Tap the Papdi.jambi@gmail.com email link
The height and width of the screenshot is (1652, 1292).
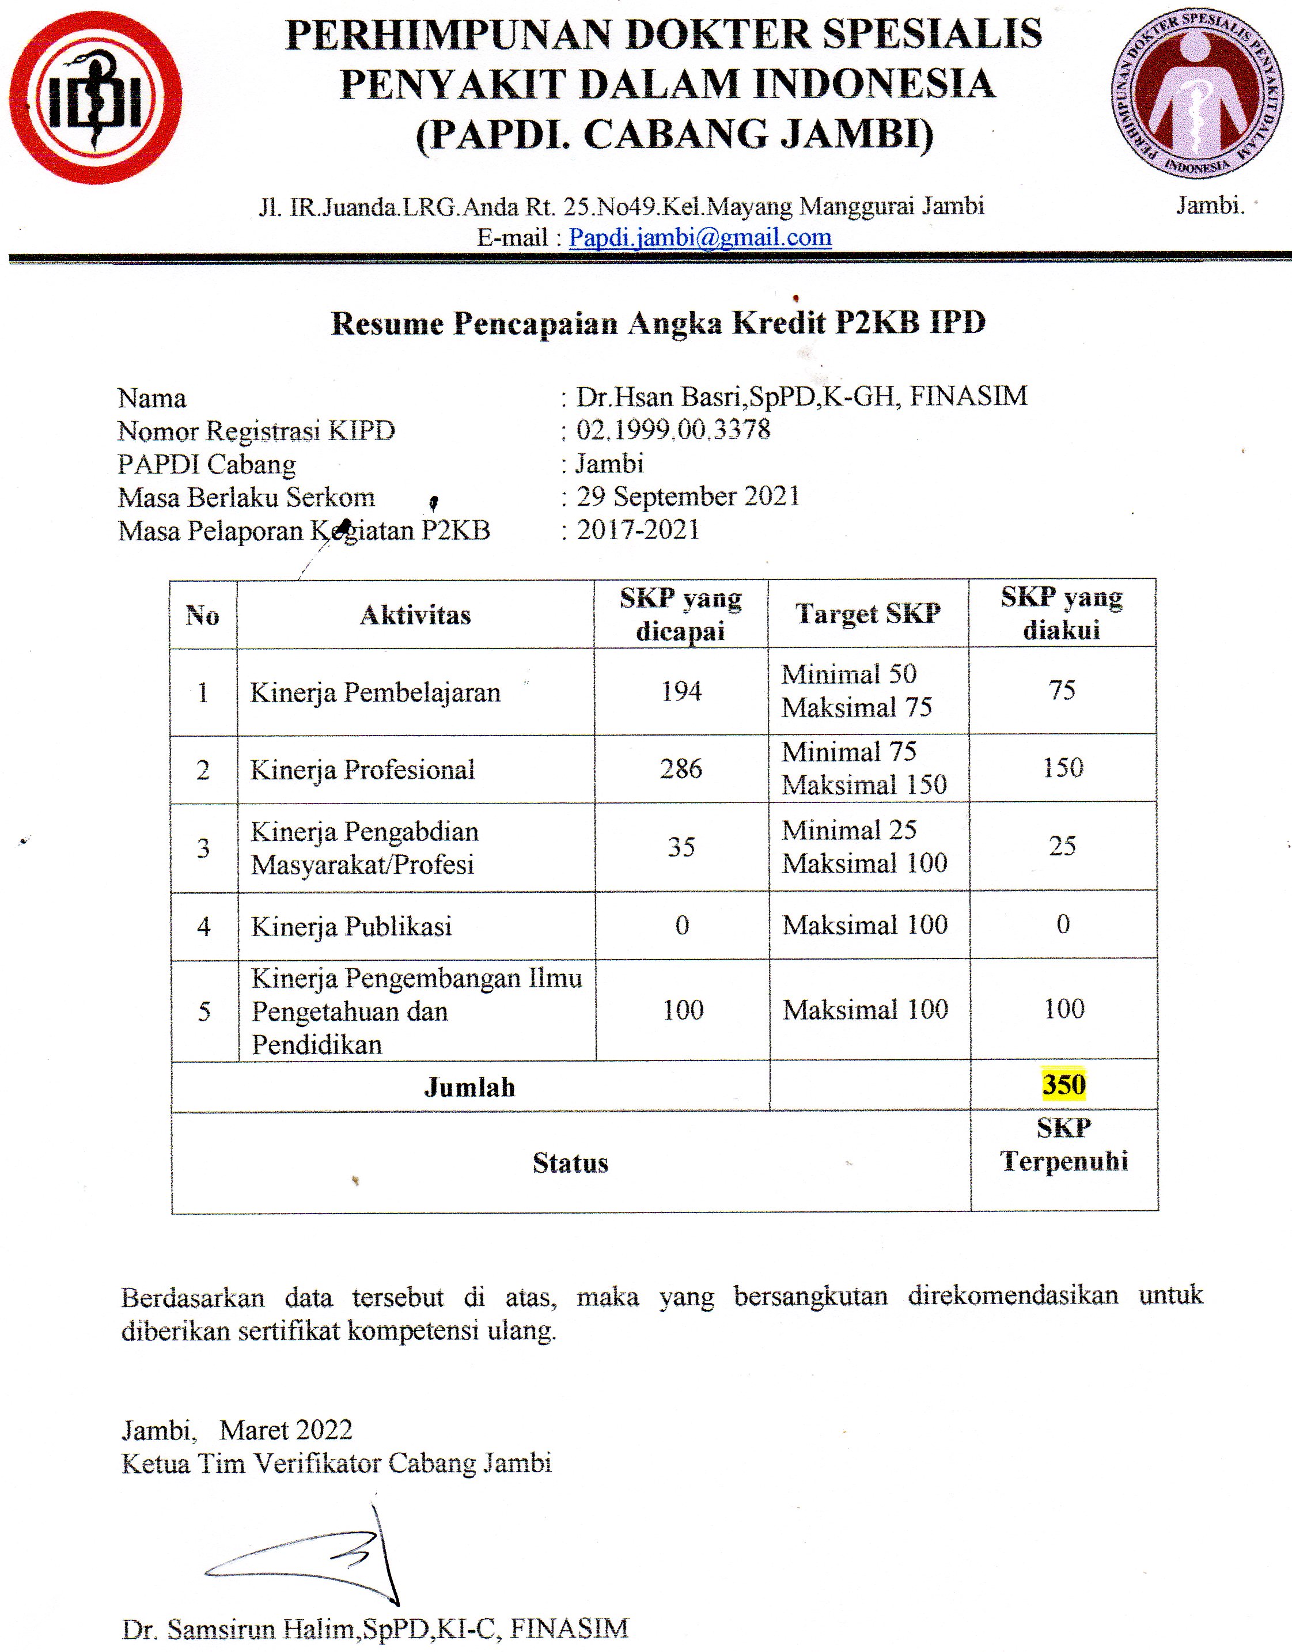pyautogui.click(x=700, y=237)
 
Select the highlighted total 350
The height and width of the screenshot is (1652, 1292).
pyautogui.click(x=1063, y=1084)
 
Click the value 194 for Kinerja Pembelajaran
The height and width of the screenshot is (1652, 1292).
pyautogui.click(x=681, y=691)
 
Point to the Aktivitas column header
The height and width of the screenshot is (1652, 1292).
pyautogui.click(x=415, y=615)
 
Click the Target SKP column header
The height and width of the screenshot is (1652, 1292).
pyautogui.click(x=867, y=613)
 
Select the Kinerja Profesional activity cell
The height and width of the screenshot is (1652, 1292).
pyautogui.click(x=362, y=770)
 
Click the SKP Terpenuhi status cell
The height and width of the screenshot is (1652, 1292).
pyautogui.click(x=1063, y=1145)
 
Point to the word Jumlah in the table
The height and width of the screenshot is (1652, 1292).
pyautogui.click(x=469, y=1087)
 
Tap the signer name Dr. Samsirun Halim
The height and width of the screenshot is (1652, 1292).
pyautogui.click(x=374, y=1628)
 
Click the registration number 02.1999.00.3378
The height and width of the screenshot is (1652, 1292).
pyautogui.click(x=673, y=430)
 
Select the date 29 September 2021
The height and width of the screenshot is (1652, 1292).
pyautogui.click(x=688, y=496)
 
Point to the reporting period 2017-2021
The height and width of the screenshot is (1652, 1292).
pyautogui.click(x=638, y=529)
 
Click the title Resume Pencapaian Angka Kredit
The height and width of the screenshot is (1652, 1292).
pyautogui.click(x=658, y=324)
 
